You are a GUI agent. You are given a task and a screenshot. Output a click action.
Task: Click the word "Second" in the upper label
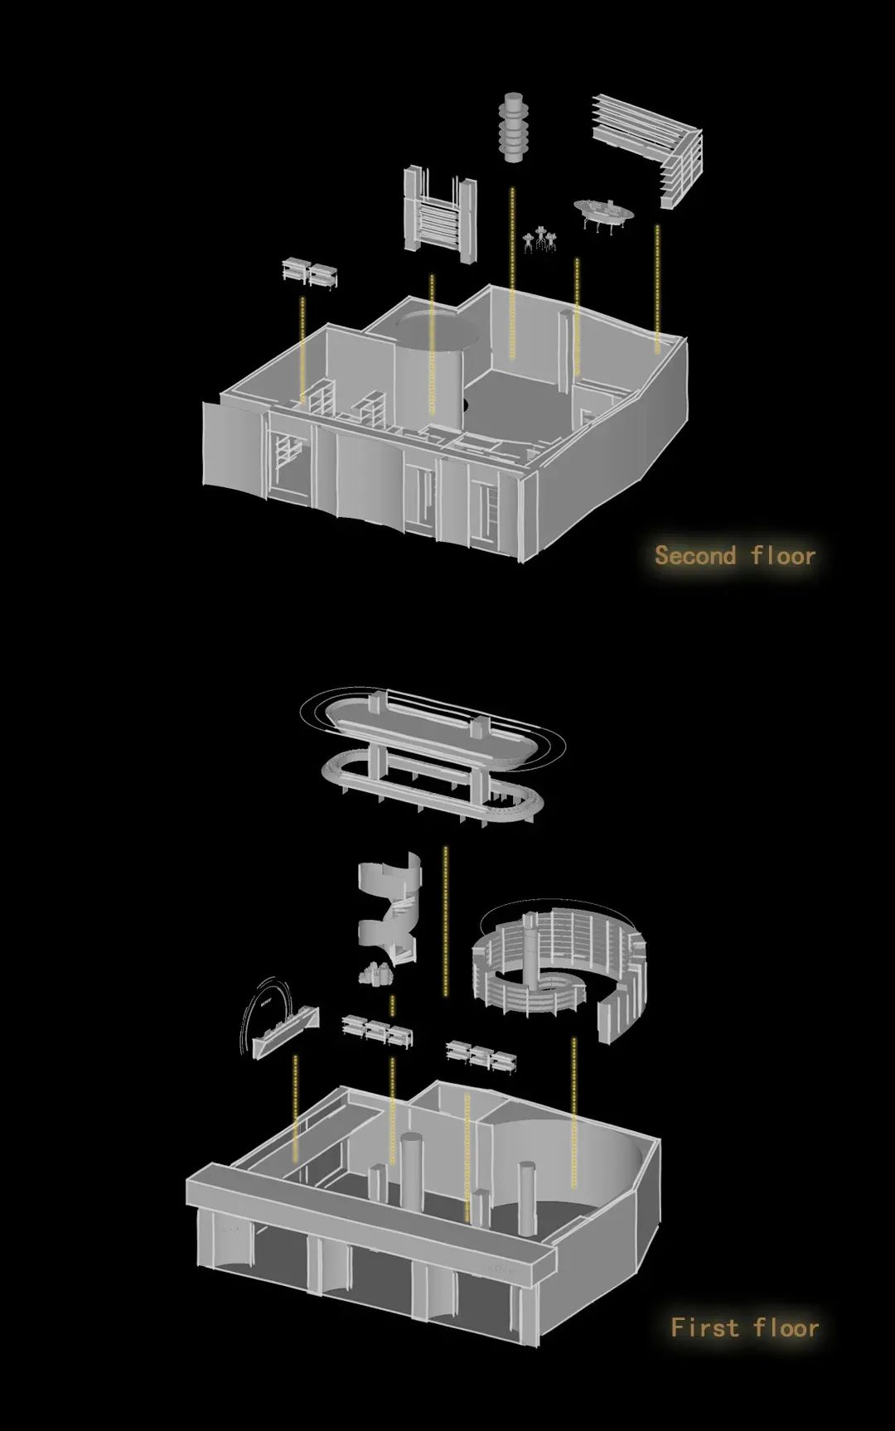coord(695,554)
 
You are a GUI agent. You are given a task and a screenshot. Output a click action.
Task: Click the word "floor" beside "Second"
coord(783,554)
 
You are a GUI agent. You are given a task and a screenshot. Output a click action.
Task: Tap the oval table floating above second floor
coord(604,211)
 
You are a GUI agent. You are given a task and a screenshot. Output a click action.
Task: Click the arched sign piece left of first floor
coord(278,1019)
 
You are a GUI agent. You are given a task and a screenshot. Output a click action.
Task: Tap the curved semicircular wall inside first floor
coord(572,1160)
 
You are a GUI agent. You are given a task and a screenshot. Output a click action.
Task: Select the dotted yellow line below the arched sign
coord(295,1108)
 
